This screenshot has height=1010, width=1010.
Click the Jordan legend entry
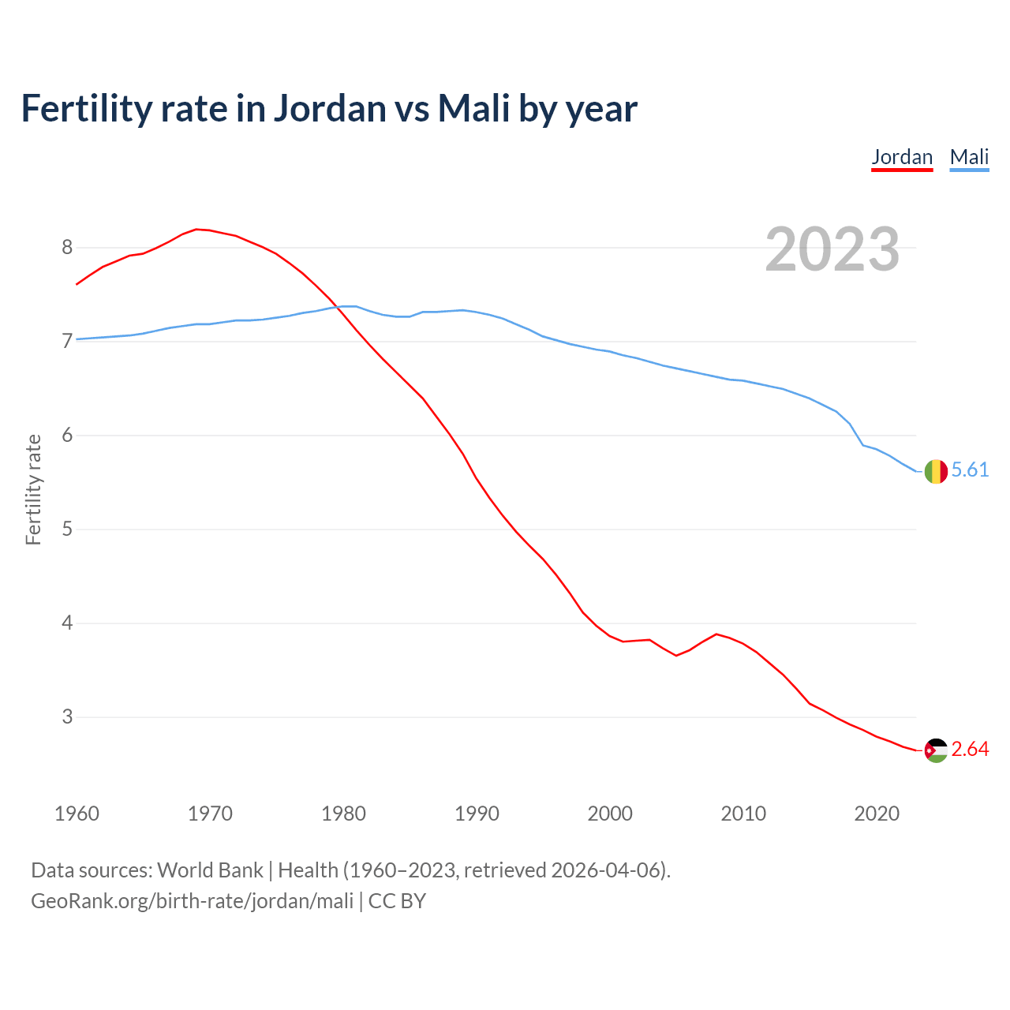(x=902, y=157)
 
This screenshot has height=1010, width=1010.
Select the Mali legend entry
(x=969, y=157)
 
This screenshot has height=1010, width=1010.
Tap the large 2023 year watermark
(x=832, y=249)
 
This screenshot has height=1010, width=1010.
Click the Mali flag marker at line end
(x=935, y=471)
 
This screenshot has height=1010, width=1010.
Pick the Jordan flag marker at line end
(x=935, y=750)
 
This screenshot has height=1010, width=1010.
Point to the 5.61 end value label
(x=970, y=470)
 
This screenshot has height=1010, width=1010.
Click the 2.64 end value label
(x=970, y=750)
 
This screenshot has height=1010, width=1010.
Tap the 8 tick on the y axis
(x=67, y=248)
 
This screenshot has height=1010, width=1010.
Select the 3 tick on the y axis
(x=67, y=717)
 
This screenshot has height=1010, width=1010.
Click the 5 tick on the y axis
(x=67, y=529)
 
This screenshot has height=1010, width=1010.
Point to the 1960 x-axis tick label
(x=77, y=814)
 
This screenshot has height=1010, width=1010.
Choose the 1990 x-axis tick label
(x=477, y=814)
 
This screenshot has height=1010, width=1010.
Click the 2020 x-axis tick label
(x=877, y=814)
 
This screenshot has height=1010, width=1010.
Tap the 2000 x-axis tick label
(x=610, y=814)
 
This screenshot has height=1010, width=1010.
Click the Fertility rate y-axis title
(x=33, y=489)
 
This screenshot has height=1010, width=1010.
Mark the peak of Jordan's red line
(x=197, y=229)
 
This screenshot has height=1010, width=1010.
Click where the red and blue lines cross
(x=339, y=307)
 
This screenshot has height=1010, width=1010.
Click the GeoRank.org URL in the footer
(x=192, y=901)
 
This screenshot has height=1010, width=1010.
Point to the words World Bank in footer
(x=210, y=870)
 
